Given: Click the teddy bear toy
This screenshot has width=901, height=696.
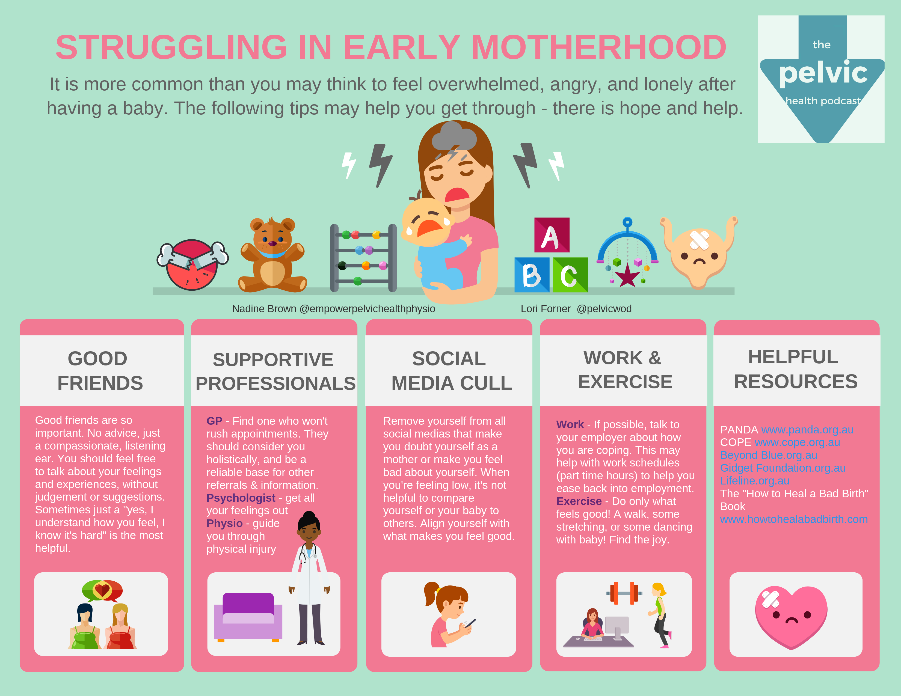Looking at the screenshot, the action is point(272,255).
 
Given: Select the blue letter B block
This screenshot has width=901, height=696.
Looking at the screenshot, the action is point(532,275).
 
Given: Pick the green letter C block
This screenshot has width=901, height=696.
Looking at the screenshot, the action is point(570,275).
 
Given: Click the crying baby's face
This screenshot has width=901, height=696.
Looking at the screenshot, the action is point(427,223).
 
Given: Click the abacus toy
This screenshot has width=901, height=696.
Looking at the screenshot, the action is point(363,258).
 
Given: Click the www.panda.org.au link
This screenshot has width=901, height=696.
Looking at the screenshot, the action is point(807,430).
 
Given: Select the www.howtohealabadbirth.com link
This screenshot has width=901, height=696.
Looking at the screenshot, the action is point(794,519).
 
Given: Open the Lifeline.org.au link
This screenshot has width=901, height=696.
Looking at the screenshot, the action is point(755,481).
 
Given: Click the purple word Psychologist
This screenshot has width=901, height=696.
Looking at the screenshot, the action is point(241,498).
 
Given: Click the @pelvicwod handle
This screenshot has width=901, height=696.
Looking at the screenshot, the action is point(604,309).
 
